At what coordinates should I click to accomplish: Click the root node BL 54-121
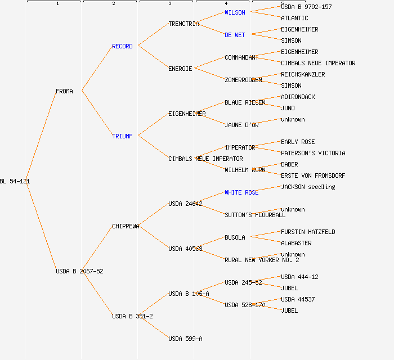coord(15,181)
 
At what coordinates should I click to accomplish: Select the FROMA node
coord(64,91)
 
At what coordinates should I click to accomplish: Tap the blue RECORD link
coord(122,46)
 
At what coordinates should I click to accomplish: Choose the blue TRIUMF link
coord(122,136)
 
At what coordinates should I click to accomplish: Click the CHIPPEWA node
coord(126,226)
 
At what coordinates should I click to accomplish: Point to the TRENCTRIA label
coord(183,24)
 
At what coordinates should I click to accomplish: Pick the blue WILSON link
coord(235,12)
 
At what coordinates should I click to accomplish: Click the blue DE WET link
coord(235,35)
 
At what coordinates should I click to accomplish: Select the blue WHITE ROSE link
coord(241,192)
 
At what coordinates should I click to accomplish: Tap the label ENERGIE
coord(180,69)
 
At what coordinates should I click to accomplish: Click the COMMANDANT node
coord(241,57)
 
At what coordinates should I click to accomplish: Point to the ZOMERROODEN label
coord(243,80)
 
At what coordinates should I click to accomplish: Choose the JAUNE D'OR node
coord(241,125)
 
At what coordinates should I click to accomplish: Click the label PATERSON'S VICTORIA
coord(313,153)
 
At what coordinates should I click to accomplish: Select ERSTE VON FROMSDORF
coord(313,175)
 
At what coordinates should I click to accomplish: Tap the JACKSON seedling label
coord(308,187)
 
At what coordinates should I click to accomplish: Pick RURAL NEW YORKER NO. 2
coord(262,260)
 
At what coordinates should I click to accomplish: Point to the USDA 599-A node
coord(185,339)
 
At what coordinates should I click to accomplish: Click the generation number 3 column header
coord(169,4)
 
